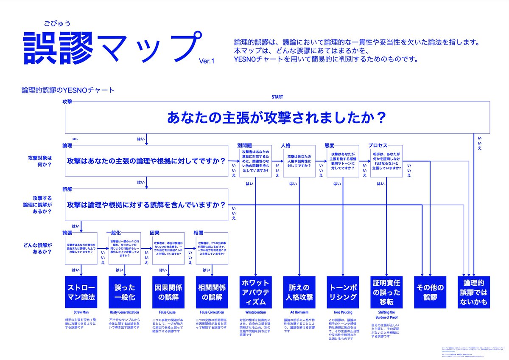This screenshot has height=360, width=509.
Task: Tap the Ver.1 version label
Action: (207, 62)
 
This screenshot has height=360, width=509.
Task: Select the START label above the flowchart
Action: (277, 97)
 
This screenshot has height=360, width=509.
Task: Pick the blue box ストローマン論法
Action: (81, 292)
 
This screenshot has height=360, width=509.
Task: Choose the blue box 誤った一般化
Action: (125, 292)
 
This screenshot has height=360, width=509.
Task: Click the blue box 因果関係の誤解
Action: (168, 292)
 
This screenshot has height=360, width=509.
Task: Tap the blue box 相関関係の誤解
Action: (212, 292)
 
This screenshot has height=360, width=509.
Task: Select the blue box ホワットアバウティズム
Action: (256, 292)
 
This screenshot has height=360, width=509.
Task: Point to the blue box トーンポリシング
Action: (343, 292)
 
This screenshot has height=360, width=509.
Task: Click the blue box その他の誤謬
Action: (430, 292)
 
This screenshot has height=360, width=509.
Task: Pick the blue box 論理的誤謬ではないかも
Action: (474, 292)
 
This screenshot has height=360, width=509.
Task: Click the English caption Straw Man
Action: (81, 312)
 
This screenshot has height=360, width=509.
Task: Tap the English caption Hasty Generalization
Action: (125, 312)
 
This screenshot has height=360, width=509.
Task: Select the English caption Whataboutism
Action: (256, 312)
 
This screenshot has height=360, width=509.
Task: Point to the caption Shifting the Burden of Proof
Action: (386, 315)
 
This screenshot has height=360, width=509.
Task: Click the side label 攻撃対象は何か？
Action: (42, 161)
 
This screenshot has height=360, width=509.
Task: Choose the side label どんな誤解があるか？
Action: (42, 248)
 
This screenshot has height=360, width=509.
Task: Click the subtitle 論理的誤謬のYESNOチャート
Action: (68, 90)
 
